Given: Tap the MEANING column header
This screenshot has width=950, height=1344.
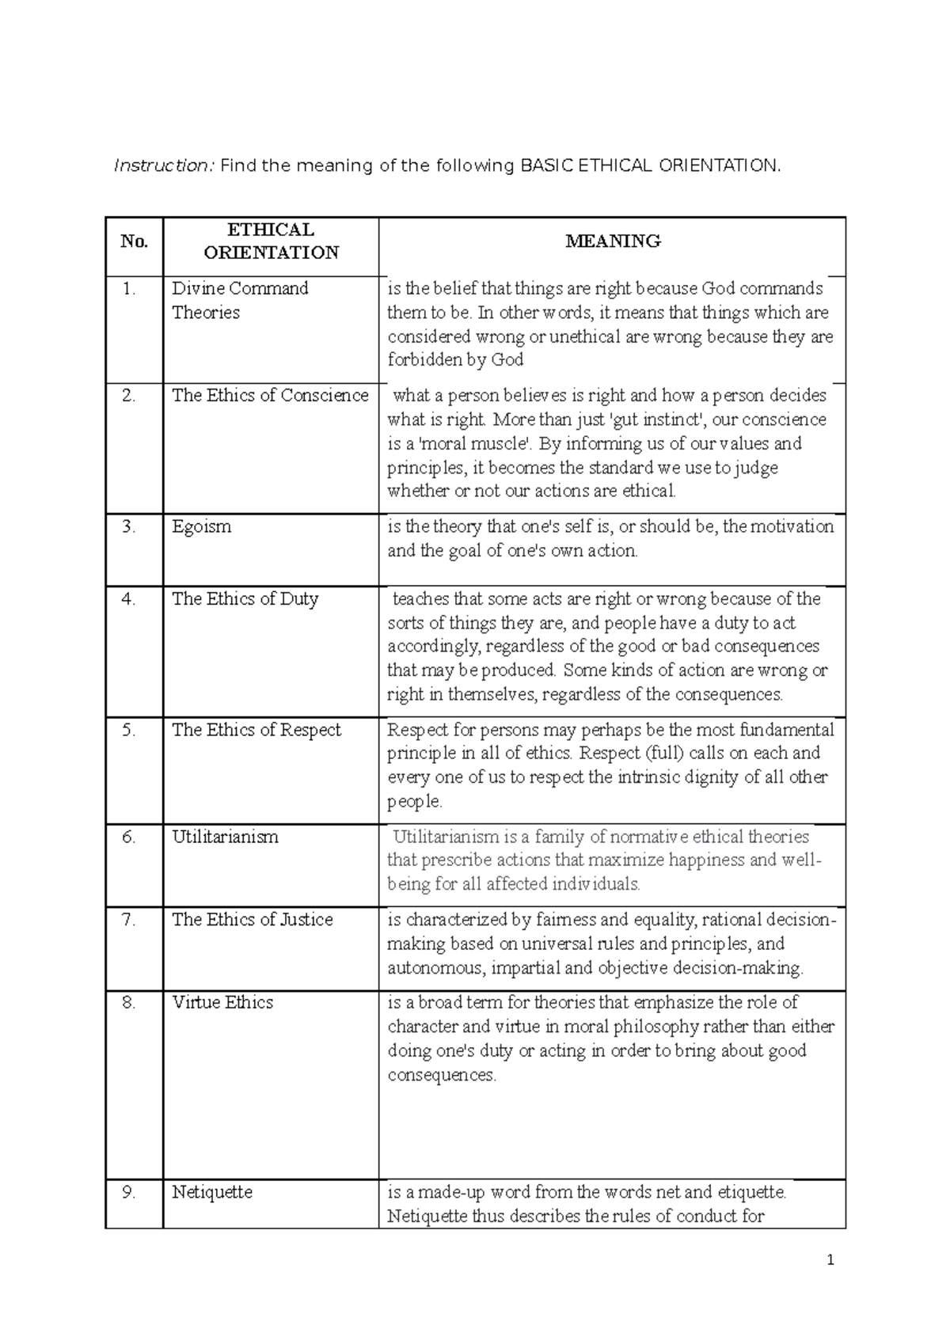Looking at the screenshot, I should click(x=613, y=241).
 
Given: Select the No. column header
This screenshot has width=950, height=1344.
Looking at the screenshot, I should click(x=134, y=241).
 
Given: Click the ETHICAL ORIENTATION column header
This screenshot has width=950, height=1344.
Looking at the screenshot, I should click(x=271, y=241).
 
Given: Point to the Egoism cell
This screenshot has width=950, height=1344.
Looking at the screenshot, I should click(x=202, y=527).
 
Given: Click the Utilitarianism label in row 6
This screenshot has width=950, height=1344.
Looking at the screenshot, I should click(x=225, y=837).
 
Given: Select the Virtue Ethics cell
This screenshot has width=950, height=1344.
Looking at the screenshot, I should click(x=222, y=1003).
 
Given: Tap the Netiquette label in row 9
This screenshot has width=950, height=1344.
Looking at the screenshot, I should click(x=212, y=1192).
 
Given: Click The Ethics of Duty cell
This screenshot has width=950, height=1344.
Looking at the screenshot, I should click(x=245, y=599).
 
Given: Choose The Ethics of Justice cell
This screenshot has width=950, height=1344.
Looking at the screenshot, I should click(x=253, y=920).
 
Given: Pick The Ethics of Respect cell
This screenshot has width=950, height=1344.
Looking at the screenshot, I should click(x=256, y=730).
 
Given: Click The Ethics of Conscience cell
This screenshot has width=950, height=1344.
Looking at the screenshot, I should click(x=270, y=396).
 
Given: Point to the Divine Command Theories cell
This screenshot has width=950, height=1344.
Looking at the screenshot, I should click(x=240, y=300).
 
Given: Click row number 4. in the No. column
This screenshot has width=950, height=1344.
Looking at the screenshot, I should click(x=129, y=599).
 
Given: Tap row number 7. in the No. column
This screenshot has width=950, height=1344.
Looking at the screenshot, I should click(x=129, y=920).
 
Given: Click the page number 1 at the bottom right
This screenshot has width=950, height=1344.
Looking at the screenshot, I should click(x=830, y=1261).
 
